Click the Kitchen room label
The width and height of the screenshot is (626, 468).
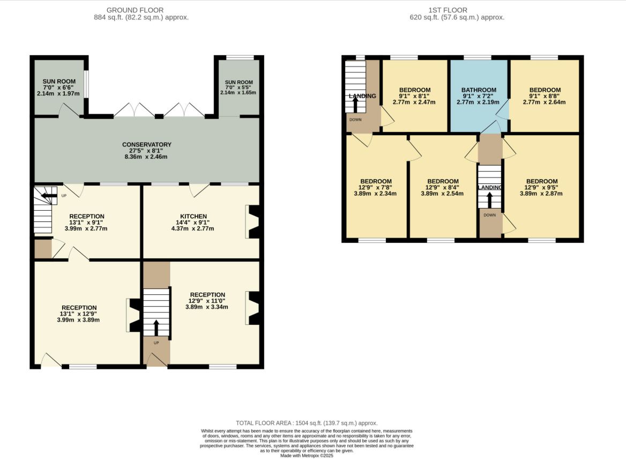193,222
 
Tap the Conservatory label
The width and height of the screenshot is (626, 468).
146,151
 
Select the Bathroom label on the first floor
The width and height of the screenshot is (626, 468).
479,96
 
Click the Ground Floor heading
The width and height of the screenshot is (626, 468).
135,10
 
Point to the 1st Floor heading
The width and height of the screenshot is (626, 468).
448,10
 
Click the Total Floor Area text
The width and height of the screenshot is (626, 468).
307,423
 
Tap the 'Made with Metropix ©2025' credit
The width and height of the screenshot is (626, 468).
307,456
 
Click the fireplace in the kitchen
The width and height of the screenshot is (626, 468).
253,222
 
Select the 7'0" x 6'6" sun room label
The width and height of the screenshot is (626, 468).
59,87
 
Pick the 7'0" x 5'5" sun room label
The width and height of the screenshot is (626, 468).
239,87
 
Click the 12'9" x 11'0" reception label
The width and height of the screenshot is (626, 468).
207,301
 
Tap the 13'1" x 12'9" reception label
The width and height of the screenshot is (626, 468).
79,314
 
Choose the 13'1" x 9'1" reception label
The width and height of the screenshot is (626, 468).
86,222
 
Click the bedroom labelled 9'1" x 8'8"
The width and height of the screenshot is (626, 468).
545,96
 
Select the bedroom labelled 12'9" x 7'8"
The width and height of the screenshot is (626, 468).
375,187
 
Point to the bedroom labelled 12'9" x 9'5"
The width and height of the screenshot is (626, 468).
541,187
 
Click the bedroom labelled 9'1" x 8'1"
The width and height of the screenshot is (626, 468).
414,96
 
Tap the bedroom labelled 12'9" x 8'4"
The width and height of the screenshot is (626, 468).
442,187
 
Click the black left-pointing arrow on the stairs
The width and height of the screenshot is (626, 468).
49,196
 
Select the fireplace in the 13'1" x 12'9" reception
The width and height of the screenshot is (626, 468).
133,315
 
